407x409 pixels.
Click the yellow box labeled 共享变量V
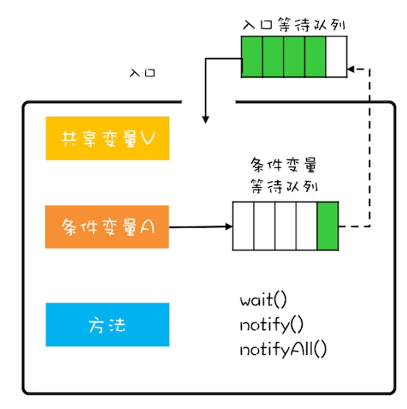[108, 138]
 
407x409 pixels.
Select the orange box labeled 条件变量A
[107, 227]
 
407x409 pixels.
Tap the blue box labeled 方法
[108, 325]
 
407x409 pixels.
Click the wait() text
[263, 300]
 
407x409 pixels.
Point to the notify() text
[271, 325]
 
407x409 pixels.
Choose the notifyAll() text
[283, 350]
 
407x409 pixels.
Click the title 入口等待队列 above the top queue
[294, 25]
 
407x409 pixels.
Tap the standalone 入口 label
[143, 73]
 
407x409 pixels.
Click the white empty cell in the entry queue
[336, 56]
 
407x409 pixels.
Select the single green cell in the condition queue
[328, 226]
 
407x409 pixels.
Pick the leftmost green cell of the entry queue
[252, 56]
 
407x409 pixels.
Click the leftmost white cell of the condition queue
[243, 226]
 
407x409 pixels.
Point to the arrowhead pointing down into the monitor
[206, 119]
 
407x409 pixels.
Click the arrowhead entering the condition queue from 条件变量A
[228, 226]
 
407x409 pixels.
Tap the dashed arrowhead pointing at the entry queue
[351, 69]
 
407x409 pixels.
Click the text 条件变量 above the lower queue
[283, 165]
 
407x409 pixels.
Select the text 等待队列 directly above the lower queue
[284, 186]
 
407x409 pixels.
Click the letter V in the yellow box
[148, 138]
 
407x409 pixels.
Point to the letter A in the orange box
[147, 227]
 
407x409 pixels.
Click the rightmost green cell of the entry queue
[315, 56]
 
